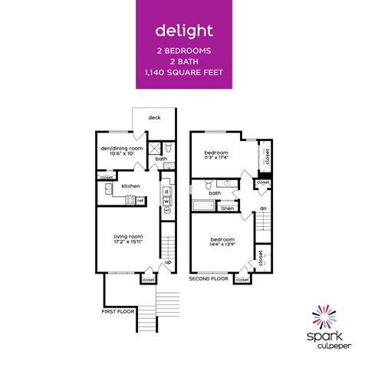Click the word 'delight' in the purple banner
tap(183, 31)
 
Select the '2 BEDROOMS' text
tap(183, 50)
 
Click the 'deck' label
tap(154, 118)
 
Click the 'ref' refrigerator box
tap(140, 201)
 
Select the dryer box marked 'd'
tap(166, 190)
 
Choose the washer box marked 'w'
tap(166, 200)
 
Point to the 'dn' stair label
tap(263, 208)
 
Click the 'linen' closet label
tap(228, 208)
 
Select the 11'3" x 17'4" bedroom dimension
tap(217, 158)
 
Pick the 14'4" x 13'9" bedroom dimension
tap(222, 244)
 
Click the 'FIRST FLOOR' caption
tap(119, 312)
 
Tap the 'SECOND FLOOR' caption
tap(209, 280)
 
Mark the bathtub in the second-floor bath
tap(203, 205)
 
